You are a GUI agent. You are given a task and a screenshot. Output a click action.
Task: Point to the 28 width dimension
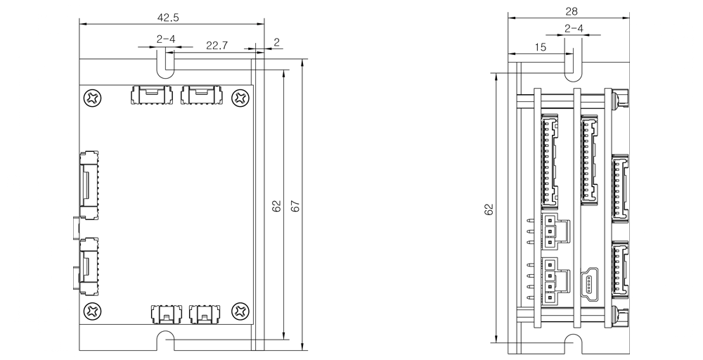572,11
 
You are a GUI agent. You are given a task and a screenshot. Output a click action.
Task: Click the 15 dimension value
540,47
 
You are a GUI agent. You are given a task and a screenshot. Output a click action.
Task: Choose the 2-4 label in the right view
573,30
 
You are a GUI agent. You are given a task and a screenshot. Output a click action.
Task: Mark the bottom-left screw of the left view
91,309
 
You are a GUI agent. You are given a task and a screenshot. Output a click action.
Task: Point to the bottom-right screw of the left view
240,309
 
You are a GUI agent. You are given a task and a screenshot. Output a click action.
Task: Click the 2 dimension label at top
276,42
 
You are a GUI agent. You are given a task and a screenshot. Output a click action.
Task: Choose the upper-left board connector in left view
150,95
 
